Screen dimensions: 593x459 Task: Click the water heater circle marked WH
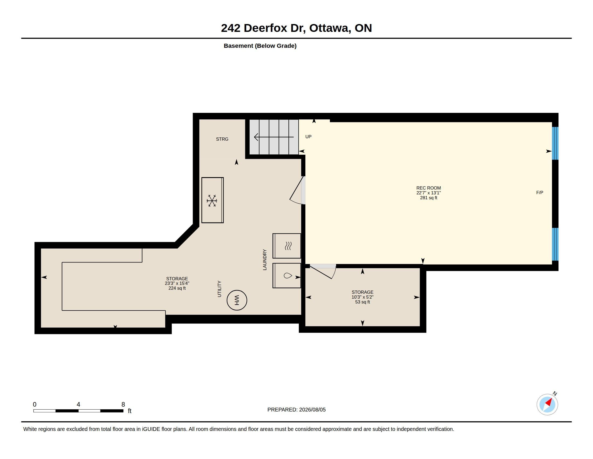click(x=237, y=300)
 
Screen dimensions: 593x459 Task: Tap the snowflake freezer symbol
click(x=212, y=201)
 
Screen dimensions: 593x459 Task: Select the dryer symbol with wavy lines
click(x=288, y=246)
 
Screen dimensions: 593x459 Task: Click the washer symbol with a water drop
click(x=288, y=276)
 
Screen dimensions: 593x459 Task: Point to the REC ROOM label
click(x=429, y=188)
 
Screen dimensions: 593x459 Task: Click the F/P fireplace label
click(x=540, y=193)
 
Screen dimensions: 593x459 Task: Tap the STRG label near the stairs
click(x=222, y=139)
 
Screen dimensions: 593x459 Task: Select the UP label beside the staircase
click(x=308, y=137)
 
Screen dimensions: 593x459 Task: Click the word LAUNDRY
click(x=265, y=260)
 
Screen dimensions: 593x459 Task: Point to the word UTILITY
click(x=219, y=289)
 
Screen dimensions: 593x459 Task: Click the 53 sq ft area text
click(x=363, y=302)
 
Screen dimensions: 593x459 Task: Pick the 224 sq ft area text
click(x=177, y=288)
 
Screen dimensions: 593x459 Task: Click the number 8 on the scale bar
click(x=123, y=404)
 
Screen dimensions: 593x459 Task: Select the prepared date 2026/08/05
click(x=312, y=410)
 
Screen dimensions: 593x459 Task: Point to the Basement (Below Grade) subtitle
click(x=260, y=46)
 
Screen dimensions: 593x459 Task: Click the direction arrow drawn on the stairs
click(x=274, y=137)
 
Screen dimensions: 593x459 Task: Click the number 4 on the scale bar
click(x=78, y=404)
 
